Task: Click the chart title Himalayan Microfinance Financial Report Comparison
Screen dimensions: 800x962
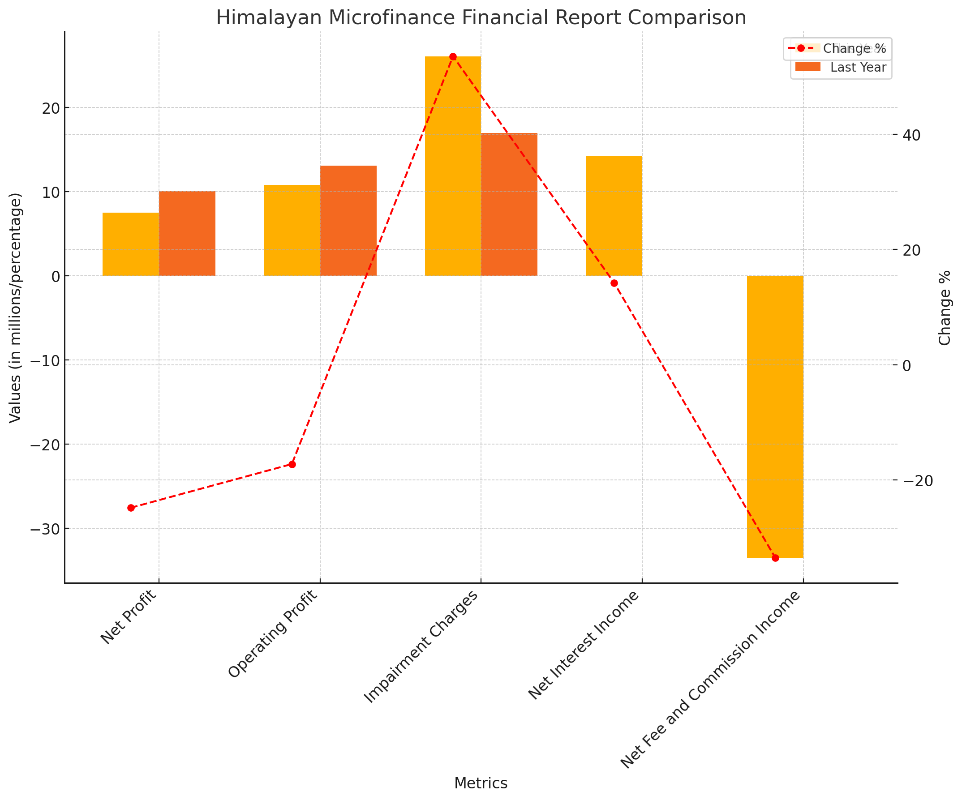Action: [481, 18]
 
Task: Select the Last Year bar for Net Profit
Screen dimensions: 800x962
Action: [187, 234]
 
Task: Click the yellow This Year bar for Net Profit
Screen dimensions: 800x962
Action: [131, 244]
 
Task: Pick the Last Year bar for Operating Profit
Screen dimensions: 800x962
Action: [348, 221]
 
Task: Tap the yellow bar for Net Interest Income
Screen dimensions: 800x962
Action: [614, 216]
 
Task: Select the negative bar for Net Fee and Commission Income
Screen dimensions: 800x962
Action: [775, 416]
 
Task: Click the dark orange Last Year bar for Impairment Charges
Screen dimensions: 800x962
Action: [509, 204]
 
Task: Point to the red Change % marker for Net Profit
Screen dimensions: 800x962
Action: [131, 508]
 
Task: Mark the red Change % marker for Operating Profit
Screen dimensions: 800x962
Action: [292, 464]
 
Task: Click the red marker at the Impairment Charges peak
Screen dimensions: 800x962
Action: [453, 57]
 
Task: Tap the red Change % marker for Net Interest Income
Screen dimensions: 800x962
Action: [614, 283]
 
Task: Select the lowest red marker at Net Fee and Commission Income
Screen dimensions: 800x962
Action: [776, 558]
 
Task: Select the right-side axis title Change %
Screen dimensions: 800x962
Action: [945, 308]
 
